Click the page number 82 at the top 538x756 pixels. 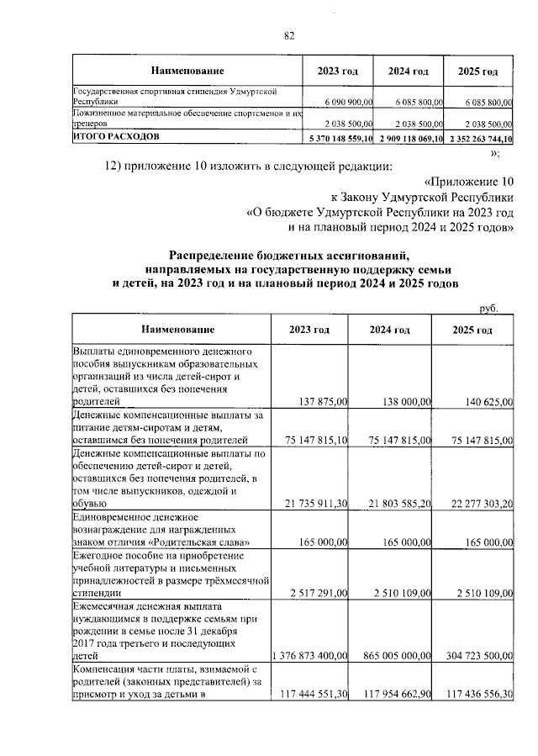(x=289, y=35)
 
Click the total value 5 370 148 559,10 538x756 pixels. (x=342, y=137)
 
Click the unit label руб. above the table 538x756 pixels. (x=489, y=308)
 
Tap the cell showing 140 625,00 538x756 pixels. (x=485, y=402)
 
